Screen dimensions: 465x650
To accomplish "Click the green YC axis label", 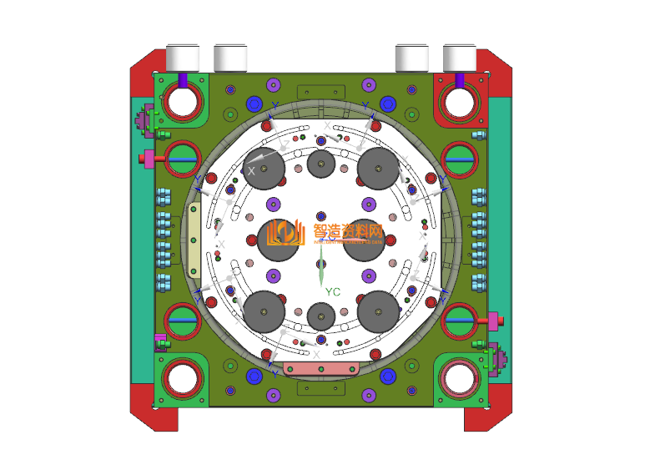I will click(333, 291).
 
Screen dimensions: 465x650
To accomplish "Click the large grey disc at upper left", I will click(265, 169).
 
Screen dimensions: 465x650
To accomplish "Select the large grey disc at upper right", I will click(379, 169).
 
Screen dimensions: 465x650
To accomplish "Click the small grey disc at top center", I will click(322, 164).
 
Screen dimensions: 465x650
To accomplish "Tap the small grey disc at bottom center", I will click(322, 316).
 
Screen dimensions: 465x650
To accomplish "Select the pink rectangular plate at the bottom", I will click(321, 368).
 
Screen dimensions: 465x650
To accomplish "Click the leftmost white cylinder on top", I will click(183, 57).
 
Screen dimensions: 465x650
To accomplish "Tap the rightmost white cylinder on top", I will click(459, 57).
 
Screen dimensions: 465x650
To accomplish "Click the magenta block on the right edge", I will click(492, 320).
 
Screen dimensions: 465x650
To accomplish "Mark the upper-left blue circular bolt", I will click(254, 104).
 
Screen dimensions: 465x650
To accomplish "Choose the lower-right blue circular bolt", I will click(387, 377).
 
